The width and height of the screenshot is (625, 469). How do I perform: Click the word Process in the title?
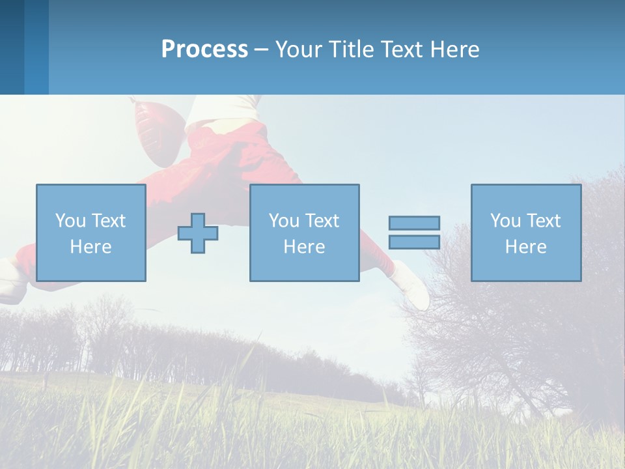pos(204,50)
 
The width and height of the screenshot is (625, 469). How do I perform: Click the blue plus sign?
pos(198,233)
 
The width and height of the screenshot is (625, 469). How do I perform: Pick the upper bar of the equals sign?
pos(414,223)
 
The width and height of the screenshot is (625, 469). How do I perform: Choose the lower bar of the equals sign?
pos(414,242)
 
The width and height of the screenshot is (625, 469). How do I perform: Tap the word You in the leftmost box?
pos(70,221)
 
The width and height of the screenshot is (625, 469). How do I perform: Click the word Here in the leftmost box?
pos(90,247)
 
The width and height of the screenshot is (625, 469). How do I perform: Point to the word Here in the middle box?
pos(304,247)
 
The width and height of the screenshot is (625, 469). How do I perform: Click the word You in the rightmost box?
pos(505,221)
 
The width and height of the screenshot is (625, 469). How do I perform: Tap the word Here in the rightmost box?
pos(525,247)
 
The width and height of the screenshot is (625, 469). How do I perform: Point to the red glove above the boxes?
pos(155,130)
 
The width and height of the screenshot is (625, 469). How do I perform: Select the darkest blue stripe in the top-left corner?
pos(12,47)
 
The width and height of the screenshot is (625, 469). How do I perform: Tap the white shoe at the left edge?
pos(10,280)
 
